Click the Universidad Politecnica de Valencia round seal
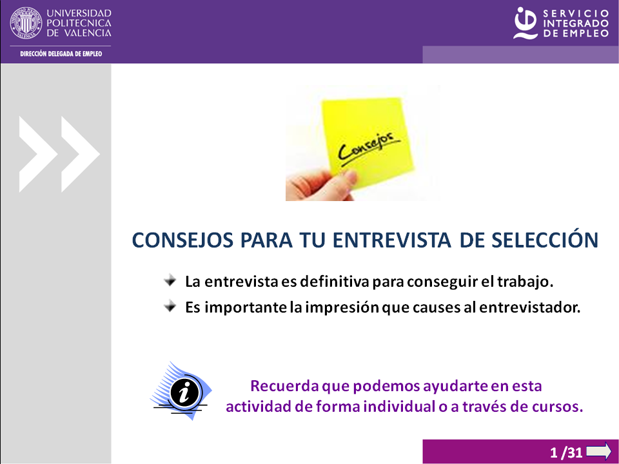tap(26, 23)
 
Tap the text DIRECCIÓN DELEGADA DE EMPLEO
tap(61, 54)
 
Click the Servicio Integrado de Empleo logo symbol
tap(526, 23)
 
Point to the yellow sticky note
tap(367, 141)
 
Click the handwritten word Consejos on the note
tap(369, 148)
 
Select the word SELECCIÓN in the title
tap(545, 240)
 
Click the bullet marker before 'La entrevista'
tap(170, 281)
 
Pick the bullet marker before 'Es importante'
tap(170, 306)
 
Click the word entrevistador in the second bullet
tap(530, 307)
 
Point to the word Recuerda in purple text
tap(284, 385)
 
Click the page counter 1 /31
tap(566, 452)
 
